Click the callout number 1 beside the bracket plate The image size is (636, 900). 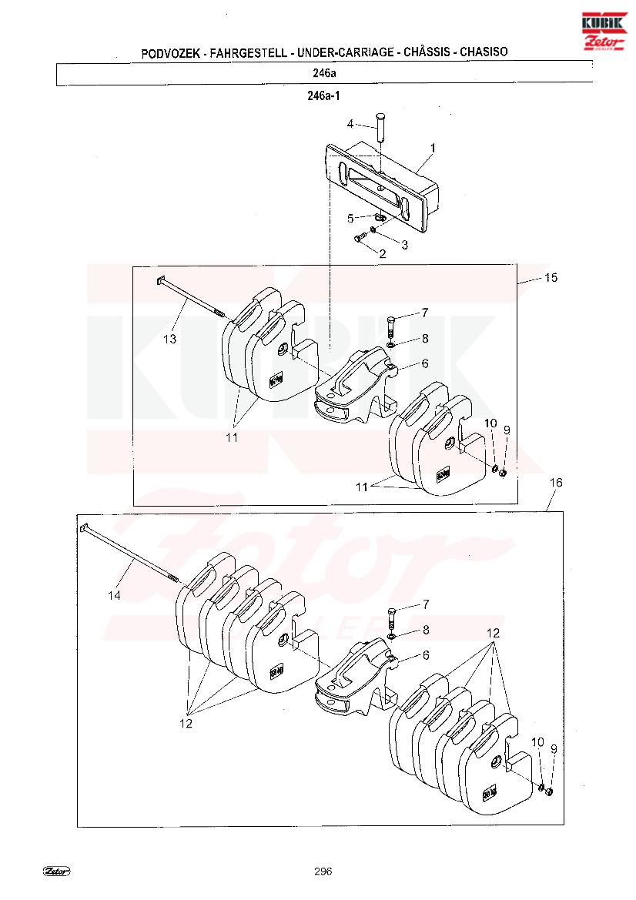click(x=433, y=148)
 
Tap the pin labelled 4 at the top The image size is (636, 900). click(x=380, y=127)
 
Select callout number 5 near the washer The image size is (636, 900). click(x=350, y=219)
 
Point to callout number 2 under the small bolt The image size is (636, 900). click(x=382, y=253)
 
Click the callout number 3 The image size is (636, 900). click(x=405, y=245)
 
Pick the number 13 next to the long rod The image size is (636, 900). click(x=169, y=340)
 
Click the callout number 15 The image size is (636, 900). click(x=551, y=278)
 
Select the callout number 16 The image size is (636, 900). click(x=556, y=483)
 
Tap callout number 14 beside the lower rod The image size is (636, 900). click(x=114, y=596)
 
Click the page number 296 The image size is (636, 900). click(x=323, y=872)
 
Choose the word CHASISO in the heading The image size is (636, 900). click(x=484, y=52)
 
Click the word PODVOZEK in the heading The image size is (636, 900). click(x=170, y=53)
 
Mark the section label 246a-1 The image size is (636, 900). click(x=323, y=96)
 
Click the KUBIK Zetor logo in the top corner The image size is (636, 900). click(x=604, y=31)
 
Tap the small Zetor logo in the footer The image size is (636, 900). click(x=57, y=872)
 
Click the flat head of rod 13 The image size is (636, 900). click(x=161, y=281)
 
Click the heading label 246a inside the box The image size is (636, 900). click(x=324, y=73)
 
